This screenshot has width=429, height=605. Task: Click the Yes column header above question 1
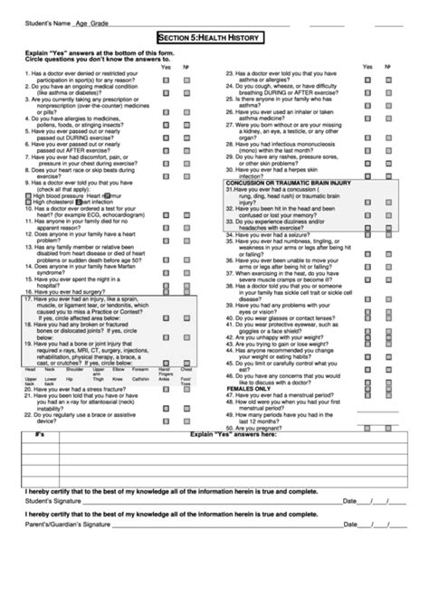pyautogui.click(x=166, y=67)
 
